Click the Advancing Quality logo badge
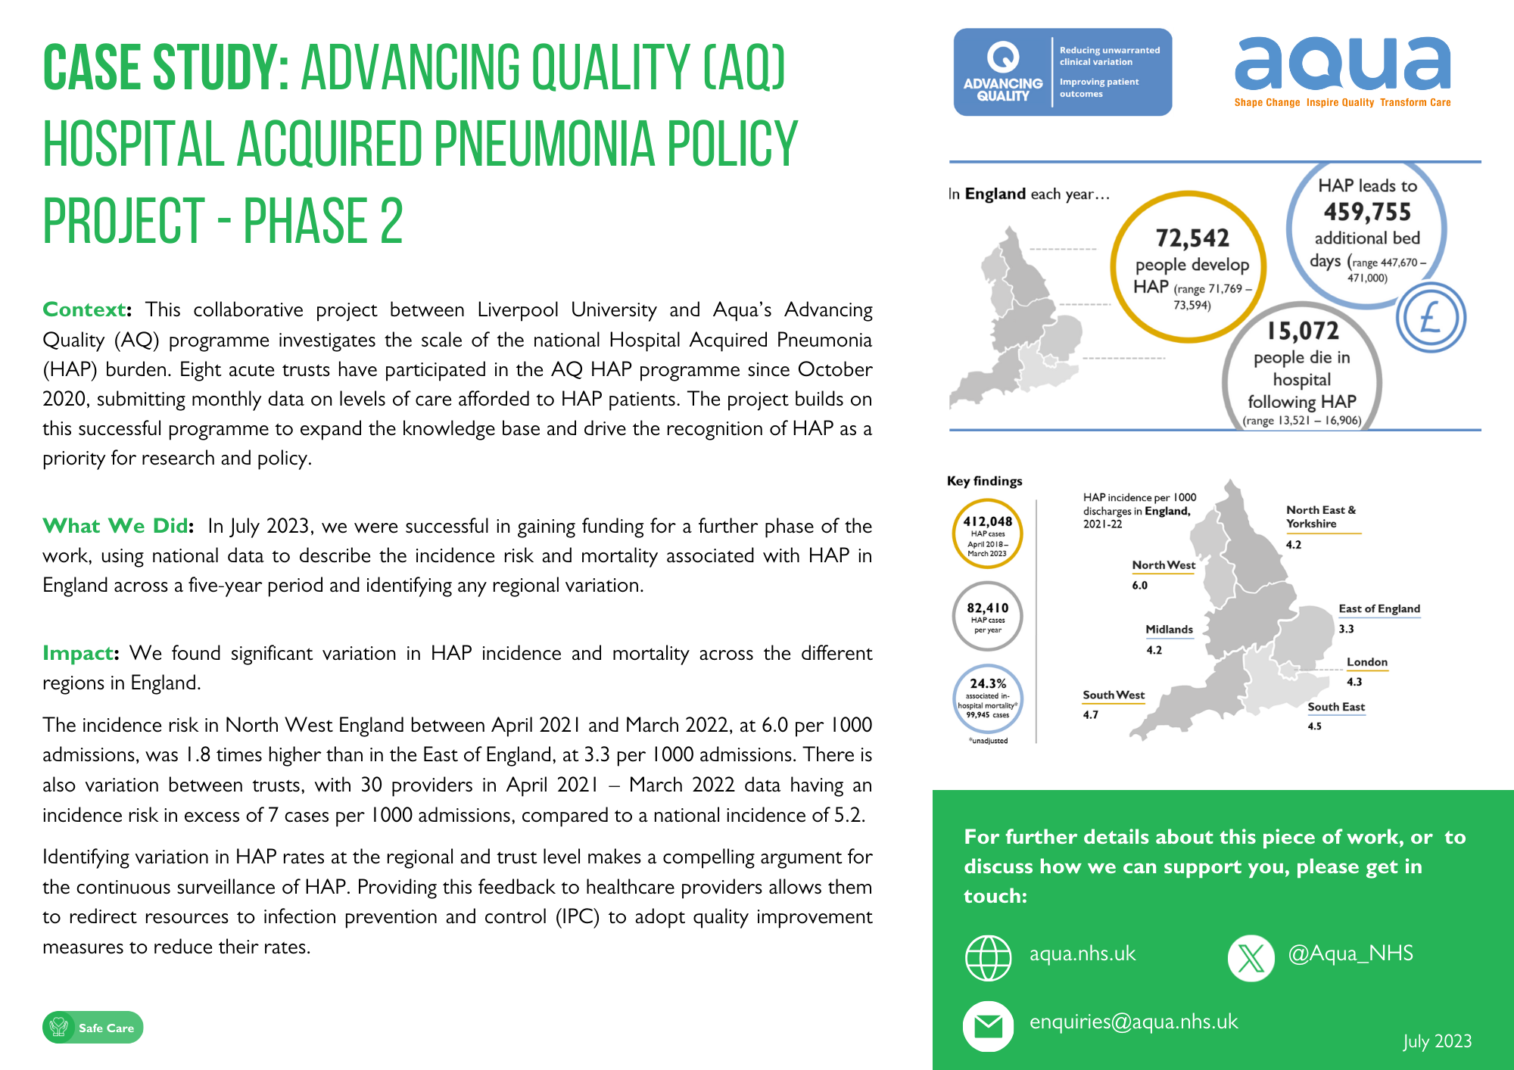tap(1062, 72)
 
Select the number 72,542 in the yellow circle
tap(1192, 238)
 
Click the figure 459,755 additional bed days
tap(1367, 212)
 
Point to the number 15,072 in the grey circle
tap(1303, 331)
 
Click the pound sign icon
tap(1431, 318)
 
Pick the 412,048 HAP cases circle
tap(988, 533)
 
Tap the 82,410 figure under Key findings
tap(988, 608)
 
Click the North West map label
tap(1164, 565)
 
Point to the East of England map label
tap(1379, 608)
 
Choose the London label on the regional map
tap(1367, 662)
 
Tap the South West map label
tap(1114, 695)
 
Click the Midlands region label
tap(1169, 630)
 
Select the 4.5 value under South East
tap(1315, 726)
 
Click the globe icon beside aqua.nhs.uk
tap(988, 958)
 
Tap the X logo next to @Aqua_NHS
tap(1251, 958)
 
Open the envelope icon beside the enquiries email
tap(988, 1026)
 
